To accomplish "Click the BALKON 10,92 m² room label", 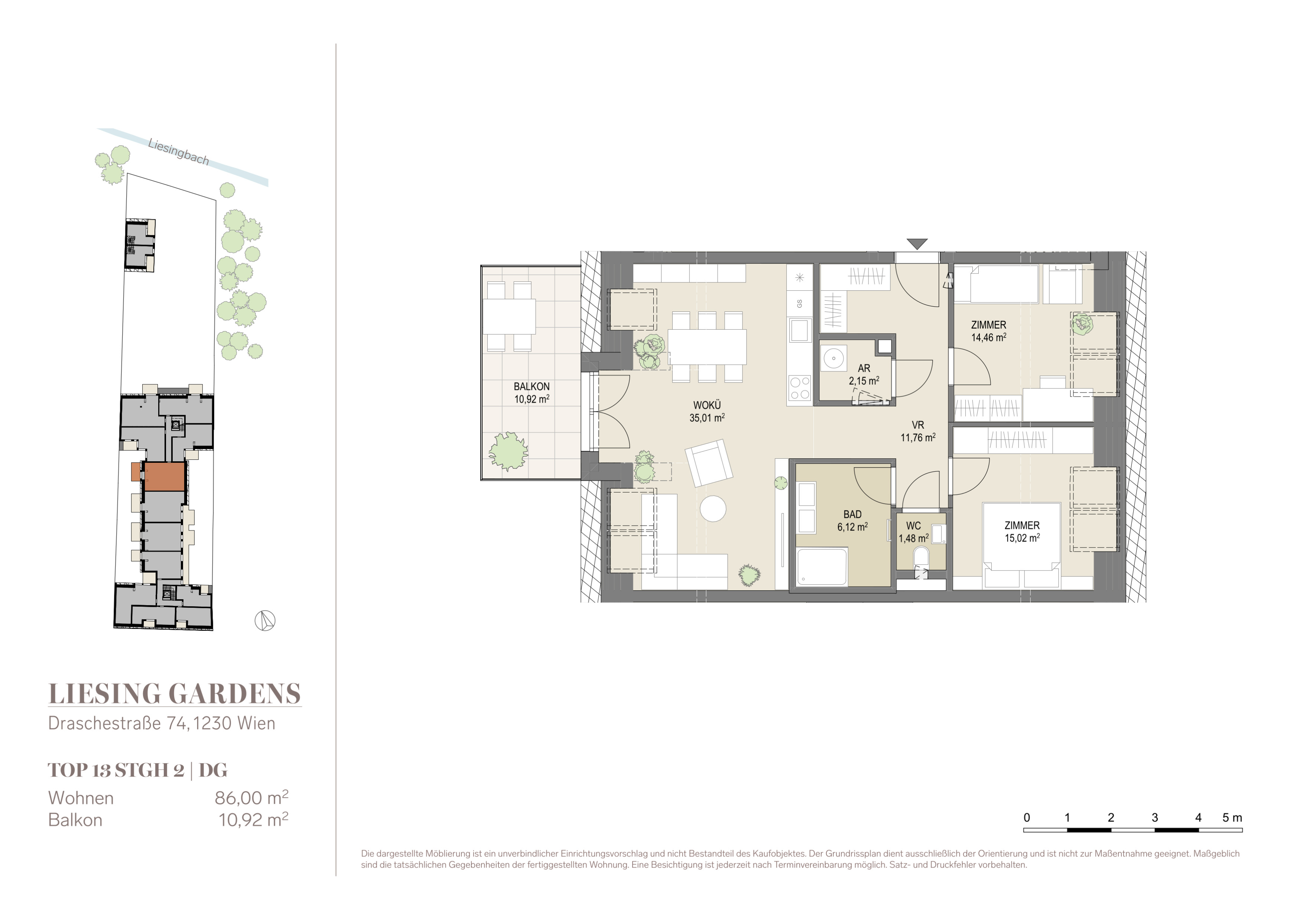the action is tap(532, 393).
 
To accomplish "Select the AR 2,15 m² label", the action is tap(864, 374).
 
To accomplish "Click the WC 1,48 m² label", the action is tap(913, 532).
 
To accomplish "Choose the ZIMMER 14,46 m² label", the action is tap(989, 331).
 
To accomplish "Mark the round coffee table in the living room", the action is tap(713, 509).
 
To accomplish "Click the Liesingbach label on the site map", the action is tap(178, 152).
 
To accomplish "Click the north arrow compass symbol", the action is tap(264, 621).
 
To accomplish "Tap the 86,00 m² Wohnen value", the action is tap(251, 797).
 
